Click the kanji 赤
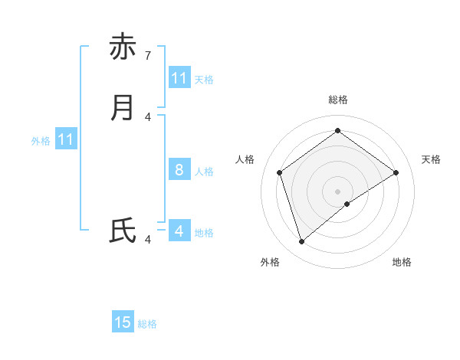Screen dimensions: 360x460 pos(123,47)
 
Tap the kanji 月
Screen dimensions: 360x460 pos(123,108)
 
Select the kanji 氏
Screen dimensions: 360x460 pos(123,231)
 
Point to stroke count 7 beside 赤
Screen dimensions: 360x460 pos(148,56)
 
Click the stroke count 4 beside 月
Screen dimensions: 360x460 pos(148,116)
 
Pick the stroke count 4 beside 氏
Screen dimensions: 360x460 pos(148,240)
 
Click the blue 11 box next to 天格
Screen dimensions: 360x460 pos(179,78)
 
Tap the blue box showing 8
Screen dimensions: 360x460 pos(179,170)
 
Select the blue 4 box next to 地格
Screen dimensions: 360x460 pos(179,231)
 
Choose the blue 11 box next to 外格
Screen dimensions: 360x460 pos(66,140)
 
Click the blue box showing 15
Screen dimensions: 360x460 pos(123,322)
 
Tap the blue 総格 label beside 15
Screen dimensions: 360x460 pos(147,324)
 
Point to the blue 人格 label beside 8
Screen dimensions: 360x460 pos(205,172)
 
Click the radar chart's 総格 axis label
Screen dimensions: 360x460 pos(338,100)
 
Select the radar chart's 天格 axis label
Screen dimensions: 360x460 pos(431,159)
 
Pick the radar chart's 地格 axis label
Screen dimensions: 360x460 pos(402,262)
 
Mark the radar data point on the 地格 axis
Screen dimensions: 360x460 pos(347,204)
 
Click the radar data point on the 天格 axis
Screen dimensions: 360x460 pos(396,172)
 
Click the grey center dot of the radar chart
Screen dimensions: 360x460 pos(337,191)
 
